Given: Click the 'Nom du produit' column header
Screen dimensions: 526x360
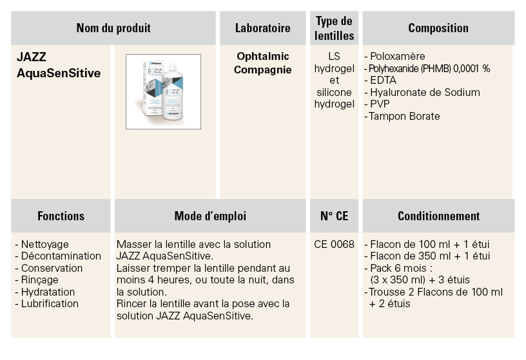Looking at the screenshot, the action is [113, 28].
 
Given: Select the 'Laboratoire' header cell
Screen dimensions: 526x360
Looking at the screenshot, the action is [262, 28].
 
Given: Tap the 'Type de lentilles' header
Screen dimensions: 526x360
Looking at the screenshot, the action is [334, 28].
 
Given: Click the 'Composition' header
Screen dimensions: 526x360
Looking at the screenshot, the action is [438, 28].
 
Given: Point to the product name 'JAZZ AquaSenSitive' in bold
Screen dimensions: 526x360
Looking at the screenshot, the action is [59, 64].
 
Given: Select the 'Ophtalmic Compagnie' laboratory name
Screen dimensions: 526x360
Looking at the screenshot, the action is [262, 63].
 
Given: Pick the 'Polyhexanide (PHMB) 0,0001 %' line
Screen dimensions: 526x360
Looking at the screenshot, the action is [427, 69].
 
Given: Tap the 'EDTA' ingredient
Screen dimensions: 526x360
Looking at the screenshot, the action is [380, 81].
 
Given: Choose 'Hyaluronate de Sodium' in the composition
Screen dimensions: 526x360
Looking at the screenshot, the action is [422, 92].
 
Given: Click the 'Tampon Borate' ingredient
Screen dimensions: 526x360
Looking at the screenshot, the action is [402, 117].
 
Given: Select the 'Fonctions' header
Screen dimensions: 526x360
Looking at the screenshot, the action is [61, 216].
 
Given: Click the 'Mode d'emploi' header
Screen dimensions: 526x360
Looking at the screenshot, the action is [210, 216].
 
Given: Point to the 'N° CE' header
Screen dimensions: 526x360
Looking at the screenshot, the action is [334, 216].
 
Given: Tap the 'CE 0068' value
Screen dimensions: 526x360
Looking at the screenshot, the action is [334, 244].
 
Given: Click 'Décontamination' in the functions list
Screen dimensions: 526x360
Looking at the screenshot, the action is [58, 256].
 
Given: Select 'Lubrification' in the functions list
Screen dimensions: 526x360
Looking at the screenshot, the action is [46, 304].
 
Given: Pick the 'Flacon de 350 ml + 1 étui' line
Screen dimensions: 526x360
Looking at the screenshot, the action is [427, 256].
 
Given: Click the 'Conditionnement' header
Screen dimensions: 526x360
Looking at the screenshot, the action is [438, 216].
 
